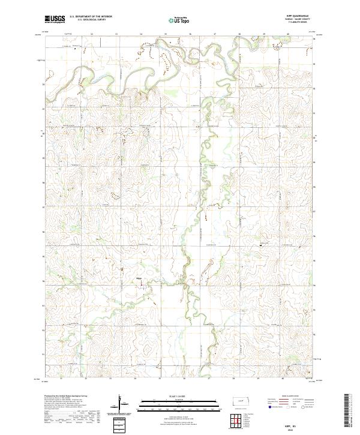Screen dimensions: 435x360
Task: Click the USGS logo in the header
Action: point(55,20)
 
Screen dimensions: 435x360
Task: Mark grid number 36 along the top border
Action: point(190,35)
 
